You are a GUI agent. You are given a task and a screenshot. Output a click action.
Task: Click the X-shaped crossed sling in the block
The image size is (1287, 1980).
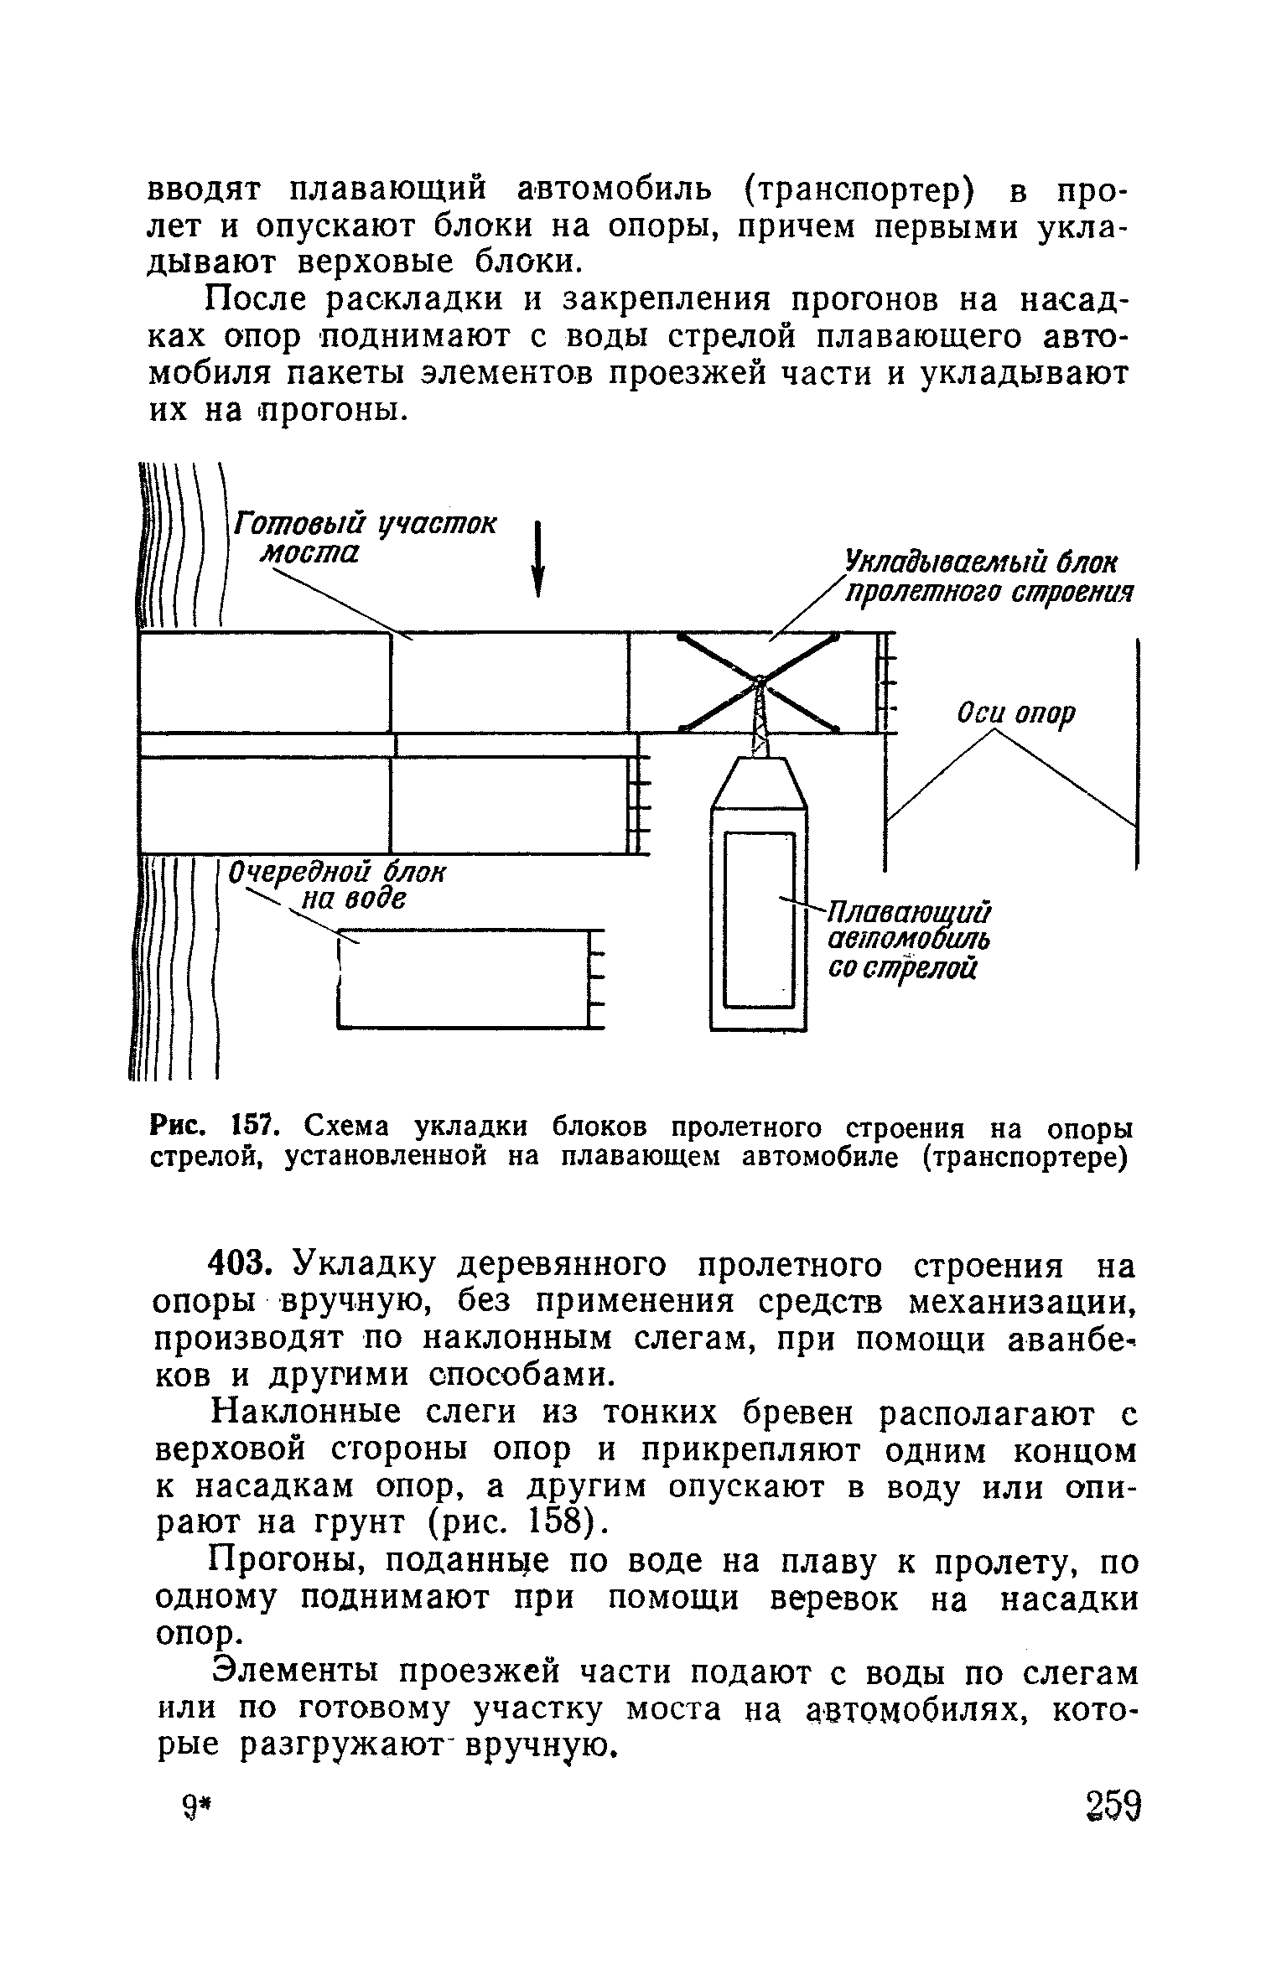758,681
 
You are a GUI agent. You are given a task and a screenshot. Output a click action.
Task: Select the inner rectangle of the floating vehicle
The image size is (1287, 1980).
759,919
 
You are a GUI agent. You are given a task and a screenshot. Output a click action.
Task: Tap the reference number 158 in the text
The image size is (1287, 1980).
551,1519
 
